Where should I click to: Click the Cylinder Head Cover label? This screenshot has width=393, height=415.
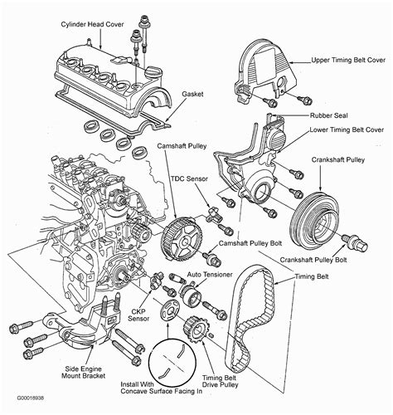(x=92, y=24)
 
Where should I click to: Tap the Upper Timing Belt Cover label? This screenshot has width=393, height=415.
(x=348, y=60)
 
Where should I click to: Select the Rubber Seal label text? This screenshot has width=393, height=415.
(x=328, y=115)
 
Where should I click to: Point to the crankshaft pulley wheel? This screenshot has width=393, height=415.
(x=314, y=221)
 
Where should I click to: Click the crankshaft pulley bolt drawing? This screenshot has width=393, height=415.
(x=355, y=242)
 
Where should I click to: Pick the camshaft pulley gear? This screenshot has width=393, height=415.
(x=182, y=239)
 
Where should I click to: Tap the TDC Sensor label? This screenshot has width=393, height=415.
(x=189, y=178)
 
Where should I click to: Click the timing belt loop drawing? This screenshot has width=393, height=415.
(x=253, y=318)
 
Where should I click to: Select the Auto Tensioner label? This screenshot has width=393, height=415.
(x=210, y=275)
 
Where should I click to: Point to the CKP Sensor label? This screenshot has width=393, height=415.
(x=138, y=315)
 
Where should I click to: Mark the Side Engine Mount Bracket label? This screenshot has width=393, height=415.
(x=83, y=373)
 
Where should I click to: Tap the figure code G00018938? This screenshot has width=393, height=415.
(x=31, y=398)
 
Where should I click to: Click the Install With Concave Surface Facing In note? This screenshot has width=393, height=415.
(x=162, y=388)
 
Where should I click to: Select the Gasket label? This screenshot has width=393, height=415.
(x=192, y=94)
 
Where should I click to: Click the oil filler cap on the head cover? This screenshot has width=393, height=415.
(x=153, y=72)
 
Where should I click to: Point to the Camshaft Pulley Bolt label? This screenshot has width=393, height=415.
(x=250, y=243)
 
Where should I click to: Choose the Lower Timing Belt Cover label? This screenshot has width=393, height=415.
(x=347, y=129)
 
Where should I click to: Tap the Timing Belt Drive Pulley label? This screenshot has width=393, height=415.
(x=220, y=381)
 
